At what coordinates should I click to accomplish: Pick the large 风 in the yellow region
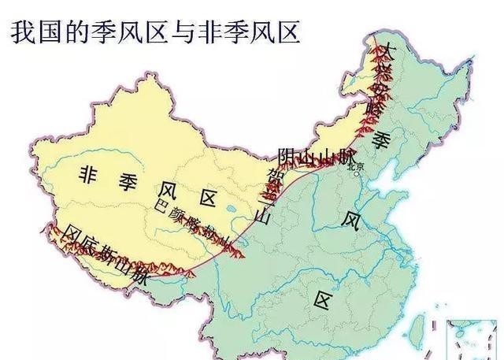tap(165, 189)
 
